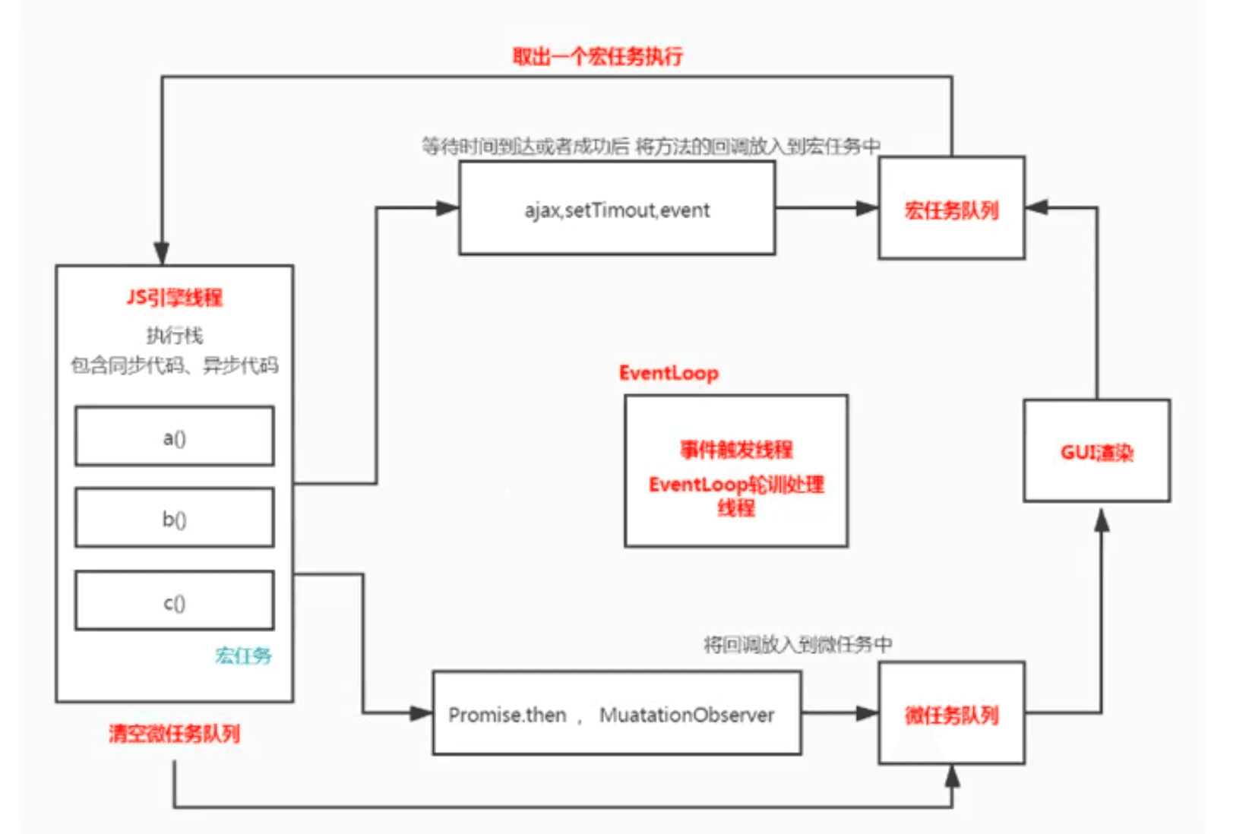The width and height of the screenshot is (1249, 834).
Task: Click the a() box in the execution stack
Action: pyautogui.click(x=174, y=436)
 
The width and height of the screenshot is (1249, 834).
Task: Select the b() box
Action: pyautogui.click(x=174, y=518)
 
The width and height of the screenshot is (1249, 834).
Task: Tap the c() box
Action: pyautogui.click(x=174, y=601)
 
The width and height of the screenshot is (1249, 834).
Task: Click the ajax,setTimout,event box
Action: pyautogui.click(x=617, y=208)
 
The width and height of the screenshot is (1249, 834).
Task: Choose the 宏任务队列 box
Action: pyautogui.click(x=951, y=208)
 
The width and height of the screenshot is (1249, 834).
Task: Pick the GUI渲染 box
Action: pyautogui.click(x=1096, y=451)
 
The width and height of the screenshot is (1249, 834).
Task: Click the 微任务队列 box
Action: pyautogui.click(x=951, y=713)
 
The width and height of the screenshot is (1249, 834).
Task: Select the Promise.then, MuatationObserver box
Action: pyautogui.click(x=616, y=713)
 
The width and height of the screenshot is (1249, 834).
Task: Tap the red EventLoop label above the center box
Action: pyautogui.click(x=669, y=373)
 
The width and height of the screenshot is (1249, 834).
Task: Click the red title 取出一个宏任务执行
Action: pyautogui.click(x=597, y=56)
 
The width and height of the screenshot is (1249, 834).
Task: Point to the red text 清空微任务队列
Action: pyautogui.click(x=174, y=733)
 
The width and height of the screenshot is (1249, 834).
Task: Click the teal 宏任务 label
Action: pyautogui.click(x=243, y=655)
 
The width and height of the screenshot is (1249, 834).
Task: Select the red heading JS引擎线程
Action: pyautogui.click(x=174, y=297)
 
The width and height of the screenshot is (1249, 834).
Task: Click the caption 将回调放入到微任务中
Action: pyautogui.click(x=798, y=644)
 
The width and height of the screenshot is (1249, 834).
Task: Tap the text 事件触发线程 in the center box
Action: pyautogui.click(x=735, y=450)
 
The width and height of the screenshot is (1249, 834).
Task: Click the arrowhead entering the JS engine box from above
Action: pyautogui.click(x=161, y=254)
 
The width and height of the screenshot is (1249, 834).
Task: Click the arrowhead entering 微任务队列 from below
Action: pyautogui.click(x=951, y=776)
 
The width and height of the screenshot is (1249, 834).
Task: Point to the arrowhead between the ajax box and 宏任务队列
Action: pyautogui.click(x=867, y=208)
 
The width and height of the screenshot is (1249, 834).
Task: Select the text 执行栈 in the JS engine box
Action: pyautogui.click(x=174, y=335)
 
